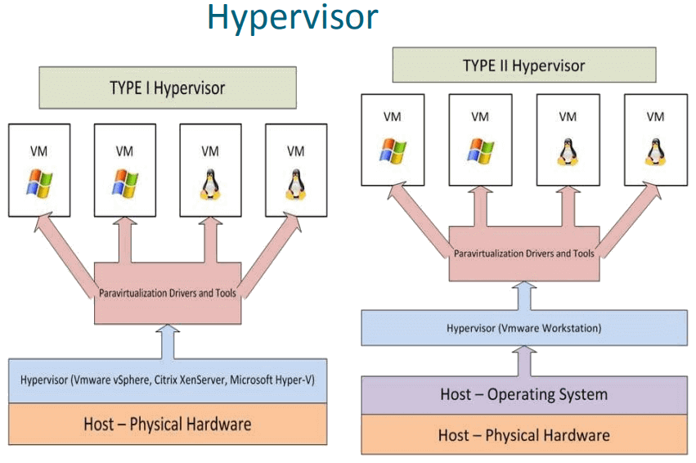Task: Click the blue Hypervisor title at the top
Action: (x=292, y=18)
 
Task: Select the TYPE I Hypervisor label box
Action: (x=167, y=88)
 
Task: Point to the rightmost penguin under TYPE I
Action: (x=295, y=184)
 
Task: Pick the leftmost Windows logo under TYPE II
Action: (x=394, y=150)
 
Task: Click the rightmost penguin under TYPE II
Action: (x=654, y=151)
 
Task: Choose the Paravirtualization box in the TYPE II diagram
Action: (x=524, y=254)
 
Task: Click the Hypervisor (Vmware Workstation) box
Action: (x=524, y=329)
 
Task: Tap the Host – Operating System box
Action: (x=524, y=395)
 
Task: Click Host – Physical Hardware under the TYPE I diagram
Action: (x=167, y=425)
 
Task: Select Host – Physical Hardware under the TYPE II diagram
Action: (x=524, y=434)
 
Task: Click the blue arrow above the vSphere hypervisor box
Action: (x=168, y=339)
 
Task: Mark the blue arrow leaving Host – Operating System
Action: (x=524, y=360)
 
